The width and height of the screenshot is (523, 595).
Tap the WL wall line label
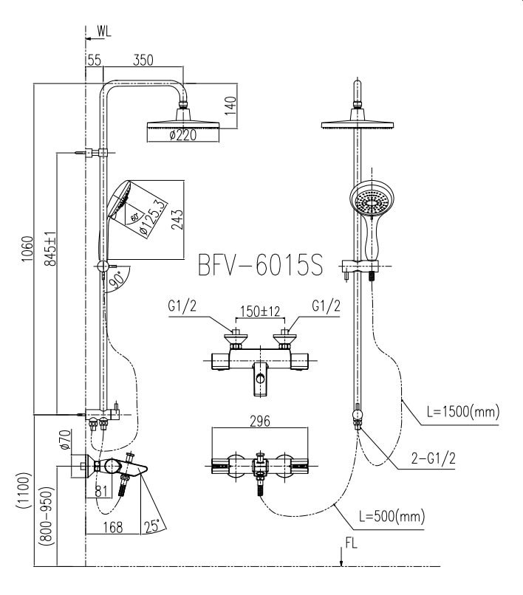coord(103,31)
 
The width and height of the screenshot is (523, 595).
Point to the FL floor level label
coord(352,547)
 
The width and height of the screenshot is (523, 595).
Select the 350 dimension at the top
coord(143,61)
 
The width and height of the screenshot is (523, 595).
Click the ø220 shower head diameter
coord(181,135)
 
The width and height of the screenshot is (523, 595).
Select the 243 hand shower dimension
coord(177,219)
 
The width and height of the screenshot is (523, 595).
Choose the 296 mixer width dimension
coord(259,422)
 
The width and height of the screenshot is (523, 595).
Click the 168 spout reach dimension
coord(113,526)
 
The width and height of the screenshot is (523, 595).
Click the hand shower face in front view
coord(371,201)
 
